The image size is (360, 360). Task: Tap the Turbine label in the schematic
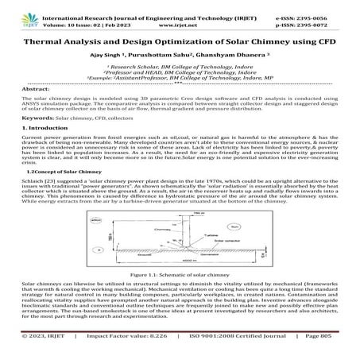208,236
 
